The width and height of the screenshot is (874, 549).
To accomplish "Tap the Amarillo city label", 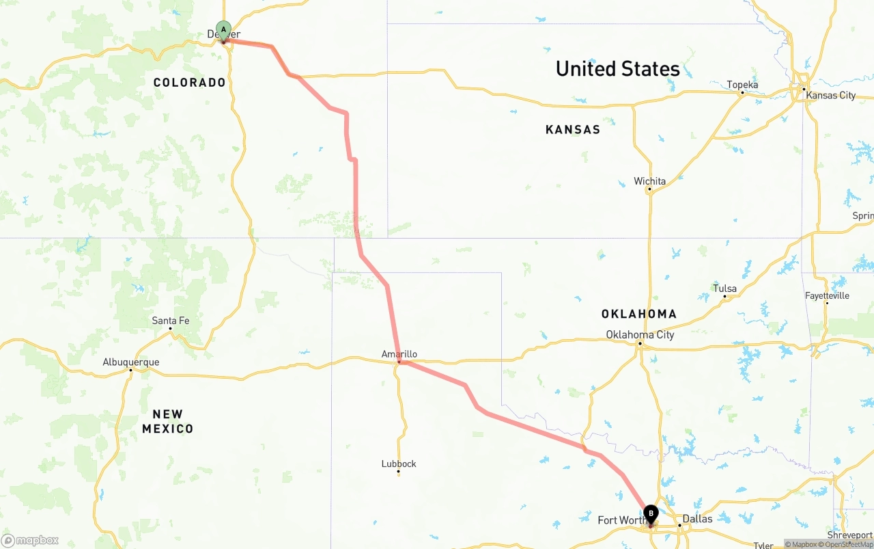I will click(x=399, y=353).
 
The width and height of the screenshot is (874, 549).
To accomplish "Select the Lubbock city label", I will click(x=399, y=464).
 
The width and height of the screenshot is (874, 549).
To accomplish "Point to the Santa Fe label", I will click(x=171, y=320).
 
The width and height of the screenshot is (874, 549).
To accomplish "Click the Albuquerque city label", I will click(x=131, y=362).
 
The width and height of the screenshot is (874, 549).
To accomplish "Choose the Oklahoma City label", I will click(x=640, y=334).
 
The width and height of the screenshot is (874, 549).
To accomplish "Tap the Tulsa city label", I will click(x=724, y=289).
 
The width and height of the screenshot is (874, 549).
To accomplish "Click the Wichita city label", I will click(x=649, y=181).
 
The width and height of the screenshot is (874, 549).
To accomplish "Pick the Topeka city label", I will click(x=742, y=85).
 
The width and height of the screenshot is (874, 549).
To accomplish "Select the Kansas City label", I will click(x=830, y=95).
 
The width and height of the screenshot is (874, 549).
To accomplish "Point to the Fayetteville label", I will click(x=827, y=295).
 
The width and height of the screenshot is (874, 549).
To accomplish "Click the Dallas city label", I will click(x=697, y=519).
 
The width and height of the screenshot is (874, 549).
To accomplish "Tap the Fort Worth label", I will click(x=621, y=520).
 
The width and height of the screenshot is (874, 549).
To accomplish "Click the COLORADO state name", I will click(x=189, y=83).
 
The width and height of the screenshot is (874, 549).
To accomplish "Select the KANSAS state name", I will click(x=573, y=129).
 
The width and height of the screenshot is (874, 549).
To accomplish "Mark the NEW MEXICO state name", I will click(x=168, y=421).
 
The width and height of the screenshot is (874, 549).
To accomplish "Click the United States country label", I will click(x=617, y=69).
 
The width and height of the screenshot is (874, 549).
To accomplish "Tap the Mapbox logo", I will click(x=30, y=540).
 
